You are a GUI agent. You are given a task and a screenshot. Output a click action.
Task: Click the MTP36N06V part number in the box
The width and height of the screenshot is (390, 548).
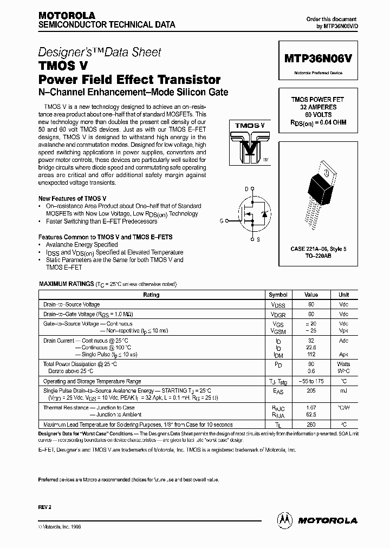tap(318, 61)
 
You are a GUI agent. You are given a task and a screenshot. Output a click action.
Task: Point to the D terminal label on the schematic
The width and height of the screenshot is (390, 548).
tap(246, 188)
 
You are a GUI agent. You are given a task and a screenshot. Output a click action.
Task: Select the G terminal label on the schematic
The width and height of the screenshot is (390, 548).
tap(222, 221)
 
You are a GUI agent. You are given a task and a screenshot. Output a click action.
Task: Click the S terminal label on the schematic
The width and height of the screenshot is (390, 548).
tap(258, 239)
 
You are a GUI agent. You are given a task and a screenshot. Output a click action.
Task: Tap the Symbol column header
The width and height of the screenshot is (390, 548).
tap(278, 295)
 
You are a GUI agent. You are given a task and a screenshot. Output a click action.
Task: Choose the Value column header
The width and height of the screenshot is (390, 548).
tap(311, 295)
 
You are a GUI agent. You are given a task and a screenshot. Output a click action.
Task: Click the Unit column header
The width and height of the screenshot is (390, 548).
tap(343, 295)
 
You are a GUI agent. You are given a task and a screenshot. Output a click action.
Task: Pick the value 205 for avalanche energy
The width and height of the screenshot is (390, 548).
tap(311, 390)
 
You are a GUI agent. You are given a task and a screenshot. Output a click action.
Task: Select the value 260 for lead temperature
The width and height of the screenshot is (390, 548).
tap(311, 425)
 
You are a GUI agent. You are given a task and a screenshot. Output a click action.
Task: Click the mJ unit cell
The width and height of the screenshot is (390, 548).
tap(343, 390)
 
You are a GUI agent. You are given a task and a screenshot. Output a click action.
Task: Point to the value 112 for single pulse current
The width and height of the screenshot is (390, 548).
tap(311, 354)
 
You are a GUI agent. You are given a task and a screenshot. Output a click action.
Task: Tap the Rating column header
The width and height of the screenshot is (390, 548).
tap(151, 295)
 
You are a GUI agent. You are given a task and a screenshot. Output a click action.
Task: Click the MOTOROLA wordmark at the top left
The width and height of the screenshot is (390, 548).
tap(67, 15)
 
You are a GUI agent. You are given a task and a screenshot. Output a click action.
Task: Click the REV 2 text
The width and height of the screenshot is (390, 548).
tap(45, 506)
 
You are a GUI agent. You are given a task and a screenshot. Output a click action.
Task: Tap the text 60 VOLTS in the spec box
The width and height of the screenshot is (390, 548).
tap(318, 115)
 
